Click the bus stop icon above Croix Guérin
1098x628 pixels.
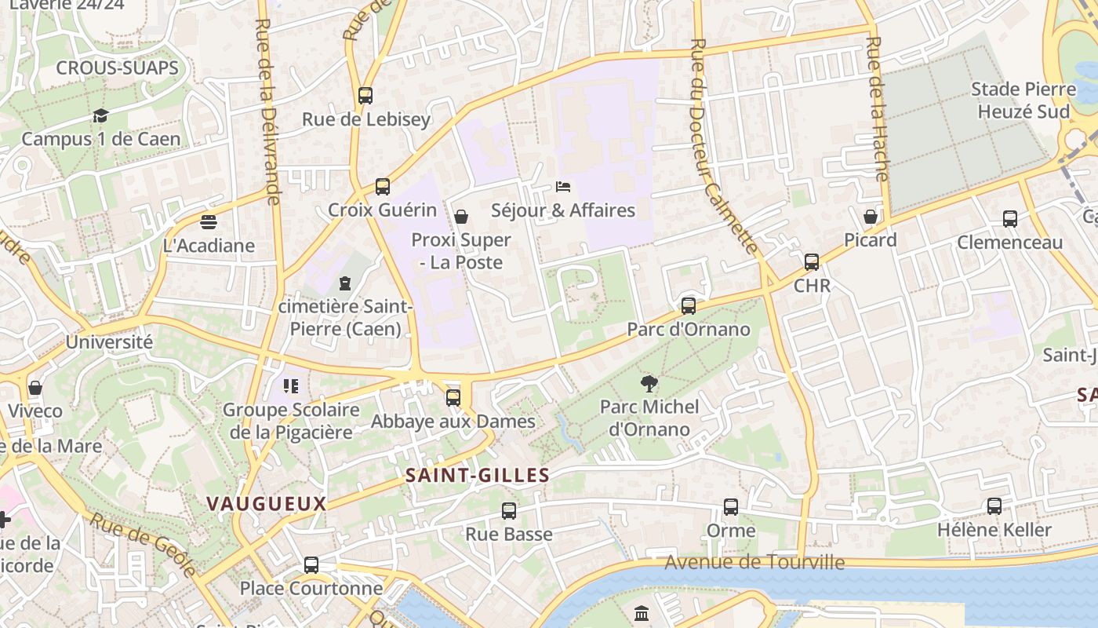point(382,187)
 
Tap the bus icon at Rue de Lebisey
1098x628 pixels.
point(365,96)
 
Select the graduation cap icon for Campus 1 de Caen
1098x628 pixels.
point(100,116)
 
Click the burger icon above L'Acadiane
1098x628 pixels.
point(208,222)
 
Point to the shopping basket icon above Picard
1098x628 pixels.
point(871,217)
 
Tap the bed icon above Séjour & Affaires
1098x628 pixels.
point(562,187)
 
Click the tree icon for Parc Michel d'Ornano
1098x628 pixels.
point(649,384)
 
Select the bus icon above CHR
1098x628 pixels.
point(812,262)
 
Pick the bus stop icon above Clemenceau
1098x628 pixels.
point(1009,219)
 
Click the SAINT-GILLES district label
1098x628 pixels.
point(478,475)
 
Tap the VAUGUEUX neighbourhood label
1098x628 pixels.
point(266,504)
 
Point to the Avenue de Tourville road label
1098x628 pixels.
point(754,562)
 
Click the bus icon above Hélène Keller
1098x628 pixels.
point(994,506)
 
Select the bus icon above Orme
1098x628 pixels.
point(731,507)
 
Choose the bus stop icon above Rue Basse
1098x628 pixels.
point(509,511)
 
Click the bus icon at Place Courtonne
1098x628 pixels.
point(311,565)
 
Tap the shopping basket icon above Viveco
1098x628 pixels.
point(35,388)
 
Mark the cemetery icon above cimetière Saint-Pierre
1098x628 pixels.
point(345,283)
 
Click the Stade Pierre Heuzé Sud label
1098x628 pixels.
point(1023,100)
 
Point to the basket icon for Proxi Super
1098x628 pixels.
point(461,217)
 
